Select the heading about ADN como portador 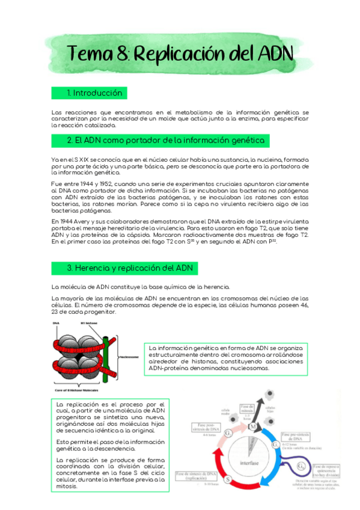(x=165, y=141)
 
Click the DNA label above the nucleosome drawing (x=56, y=324)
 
